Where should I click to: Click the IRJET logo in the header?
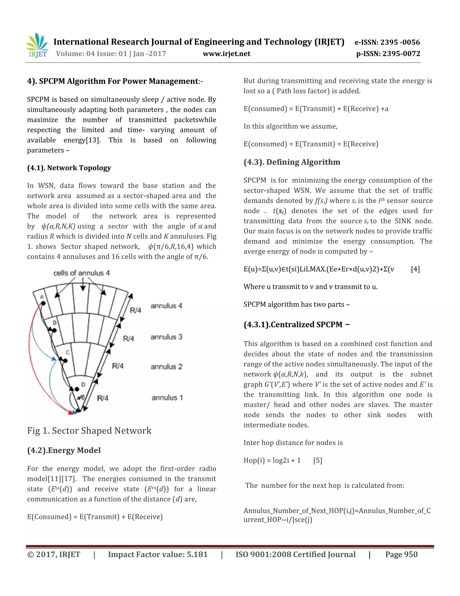(37, 46)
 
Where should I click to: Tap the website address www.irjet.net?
(226, 54)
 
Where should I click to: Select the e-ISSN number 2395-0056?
(400, 42)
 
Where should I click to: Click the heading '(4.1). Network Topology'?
(69, 168)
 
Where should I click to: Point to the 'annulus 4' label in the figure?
(166, 306)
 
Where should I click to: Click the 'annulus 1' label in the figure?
(167, 398)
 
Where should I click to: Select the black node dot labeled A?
(43, 303)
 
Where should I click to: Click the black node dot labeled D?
(77, 389)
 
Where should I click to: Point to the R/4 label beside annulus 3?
(128, 339)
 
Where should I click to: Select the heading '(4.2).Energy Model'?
(64, 450)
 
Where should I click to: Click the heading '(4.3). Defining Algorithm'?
(292, 162)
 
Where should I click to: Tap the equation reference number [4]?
(415, 269)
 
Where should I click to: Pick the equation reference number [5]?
(317, 461)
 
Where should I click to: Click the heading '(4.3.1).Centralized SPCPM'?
(296, 325)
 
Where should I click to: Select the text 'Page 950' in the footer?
(401, 555)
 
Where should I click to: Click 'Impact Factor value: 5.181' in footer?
(158, 555)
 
